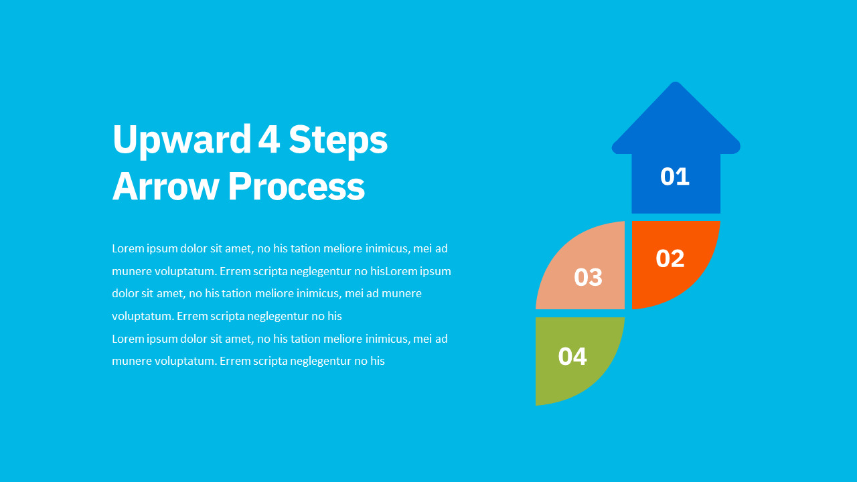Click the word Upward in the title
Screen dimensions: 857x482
(x=181, y=140)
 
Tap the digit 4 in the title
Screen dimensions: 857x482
(x=269, y=139)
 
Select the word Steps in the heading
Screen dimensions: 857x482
(x=338, y=140)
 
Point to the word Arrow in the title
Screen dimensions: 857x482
(x=165, y=186)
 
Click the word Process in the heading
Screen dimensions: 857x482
(x=297, y=186)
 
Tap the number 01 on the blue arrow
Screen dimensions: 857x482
(x=675, y=176)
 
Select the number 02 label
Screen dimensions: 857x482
(x=670, y=258)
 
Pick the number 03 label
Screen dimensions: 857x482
(x=588, y=277)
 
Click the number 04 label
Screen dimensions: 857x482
(x=572, y=357)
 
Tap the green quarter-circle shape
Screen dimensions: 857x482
(x=574, y=355)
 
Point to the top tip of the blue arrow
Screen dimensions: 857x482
(x=676, y=82)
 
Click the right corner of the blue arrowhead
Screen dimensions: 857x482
(x=740, y=147)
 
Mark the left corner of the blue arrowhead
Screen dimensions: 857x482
(x=613, y=147)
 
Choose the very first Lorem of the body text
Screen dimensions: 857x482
(x=128, y=248)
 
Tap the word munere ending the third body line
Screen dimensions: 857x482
(x=402, y=294)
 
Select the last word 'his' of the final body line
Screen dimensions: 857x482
(x=377, y=361)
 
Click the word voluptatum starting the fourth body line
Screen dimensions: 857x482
(x=143, y=317)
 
